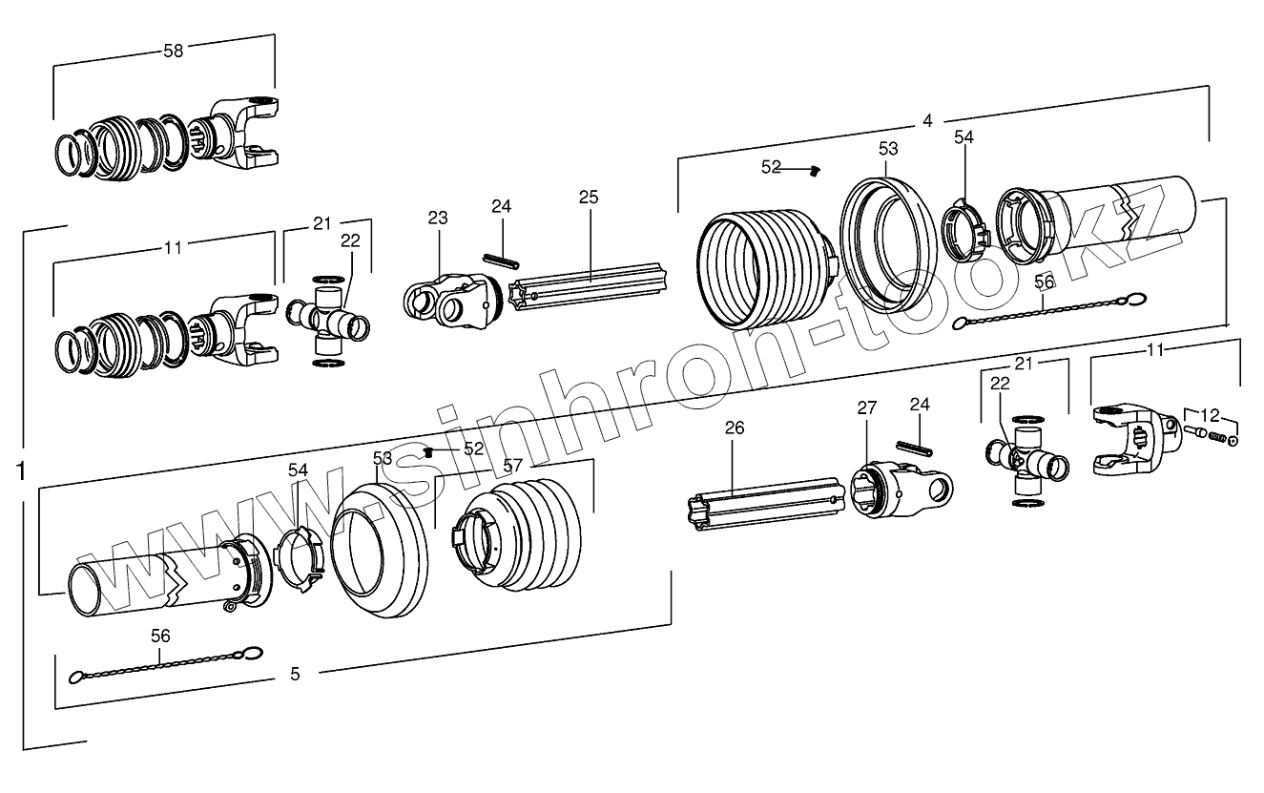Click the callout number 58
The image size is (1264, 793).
tap(173, 51)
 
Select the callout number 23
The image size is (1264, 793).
tap(437, 219)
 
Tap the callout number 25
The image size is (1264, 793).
tap(589, 198)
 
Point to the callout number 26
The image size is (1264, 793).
tap(734, 428)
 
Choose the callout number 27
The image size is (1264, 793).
tap(865, 408)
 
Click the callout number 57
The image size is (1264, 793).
tap(513, 466)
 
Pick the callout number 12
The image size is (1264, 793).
tap(1210, 414)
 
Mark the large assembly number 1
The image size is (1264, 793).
tap(21, 470)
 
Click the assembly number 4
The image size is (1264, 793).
tap(927, 121)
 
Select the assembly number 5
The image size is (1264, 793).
tap(295, 675)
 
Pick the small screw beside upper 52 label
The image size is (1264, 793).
tap(814, 171)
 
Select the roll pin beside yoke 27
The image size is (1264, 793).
tap(913, 447)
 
